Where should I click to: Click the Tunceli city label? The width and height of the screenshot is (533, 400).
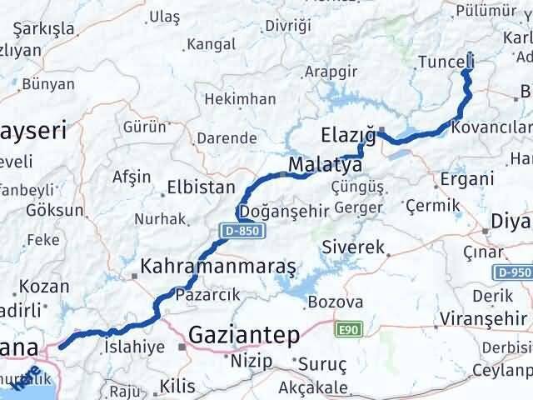pos(446,62)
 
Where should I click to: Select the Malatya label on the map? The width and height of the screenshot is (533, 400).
pos(325,165)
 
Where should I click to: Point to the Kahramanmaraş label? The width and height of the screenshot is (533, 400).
pos(219,267)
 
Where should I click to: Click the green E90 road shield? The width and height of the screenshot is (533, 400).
pos(348,330)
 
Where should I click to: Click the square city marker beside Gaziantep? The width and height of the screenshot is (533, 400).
pos(182,346)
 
